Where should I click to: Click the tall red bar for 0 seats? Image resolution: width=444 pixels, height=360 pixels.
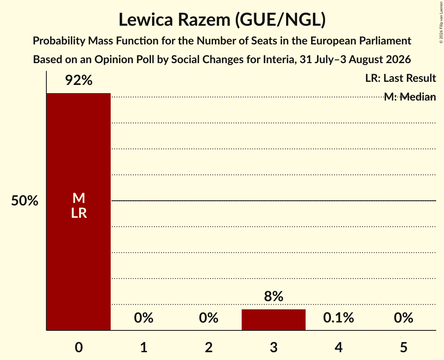[x=79, y=212]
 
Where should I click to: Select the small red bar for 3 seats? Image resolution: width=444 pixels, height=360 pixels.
[x=274, y=320]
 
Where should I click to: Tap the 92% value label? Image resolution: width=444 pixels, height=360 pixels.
[x=79, y=80]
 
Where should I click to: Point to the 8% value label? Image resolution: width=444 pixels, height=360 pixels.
[x=274, y=296]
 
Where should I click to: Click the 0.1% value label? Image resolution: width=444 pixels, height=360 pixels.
[x=338, y=318]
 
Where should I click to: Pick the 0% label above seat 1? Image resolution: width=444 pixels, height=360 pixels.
[x=143, y=318]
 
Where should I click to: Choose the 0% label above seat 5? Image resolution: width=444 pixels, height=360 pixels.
[x=403, y=318]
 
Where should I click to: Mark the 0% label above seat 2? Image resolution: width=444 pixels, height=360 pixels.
[x=209, y=318]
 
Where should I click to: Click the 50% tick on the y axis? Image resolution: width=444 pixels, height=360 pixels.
[x=25, y=201]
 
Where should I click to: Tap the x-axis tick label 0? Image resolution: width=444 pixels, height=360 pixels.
[x=79, y=347]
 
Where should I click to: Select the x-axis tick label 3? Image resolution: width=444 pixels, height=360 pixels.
[x=274, y=347]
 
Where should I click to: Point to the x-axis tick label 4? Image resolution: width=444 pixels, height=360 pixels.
[x=338, y=347]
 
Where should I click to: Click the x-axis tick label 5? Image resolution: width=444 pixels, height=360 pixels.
[x=403, y=347]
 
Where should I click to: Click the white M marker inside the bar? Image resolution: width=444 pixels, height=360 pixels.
[x=79, y=198]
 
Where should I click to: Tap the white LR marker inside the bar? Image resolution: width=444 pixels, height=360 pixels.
[x=79, y=213]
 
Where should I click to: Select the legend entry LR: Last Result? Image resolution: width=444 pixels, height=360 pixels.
[x=400, y=78]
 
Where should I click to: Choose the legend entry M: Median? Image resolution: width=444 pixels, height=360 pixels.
[x=410, y=97]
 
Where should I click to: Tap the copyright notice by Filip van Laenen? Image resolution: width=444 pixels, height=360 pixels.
[x=441, y=23]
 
